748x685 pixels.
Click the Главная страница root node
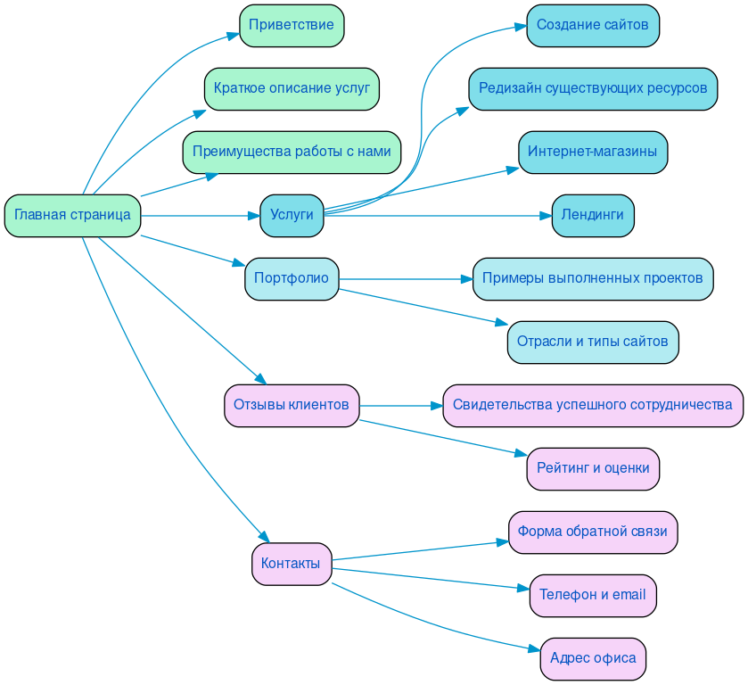(x=72, y=215)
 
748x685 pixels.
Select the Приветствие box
(x=292, y=25)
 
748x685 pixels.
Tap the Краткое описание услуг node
(x=292, y=88)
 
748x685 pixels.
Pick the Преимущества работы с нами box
(x=292, y=152)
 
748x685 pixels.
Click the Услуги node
(x=292, y=215)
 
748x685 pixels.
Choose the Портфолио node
(x=292, y=278)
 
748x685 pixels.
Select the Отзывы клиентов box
(x=292, y=405)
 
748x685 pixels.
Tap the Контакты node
(x=292, y=564)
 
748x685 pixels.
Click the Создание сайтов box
(x=592, y=25)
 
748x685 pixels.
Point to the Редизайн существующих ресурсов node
(x=592, y=88)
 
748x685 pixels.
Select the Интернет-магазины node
(x=592, y=152)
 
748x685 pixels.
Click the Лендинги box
(x=592, y=215)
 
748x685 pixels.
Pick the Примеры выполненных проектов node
(x=592, y=278)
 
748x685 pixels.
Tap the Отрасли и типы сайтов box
(x=592, y=342)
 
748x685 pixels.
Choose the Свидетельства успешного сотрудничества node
(x=592, y=405)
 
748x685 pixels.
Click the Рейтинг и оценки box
(x=592, y=468)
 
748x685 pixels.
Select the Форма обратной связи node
(x=592, y=532)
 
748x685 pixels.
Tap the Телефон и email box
(x=592, y=595)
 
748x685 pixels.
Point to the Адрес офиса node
(x=592, y=658)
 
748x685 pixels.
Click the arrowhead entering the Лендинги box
(x=545, y=215)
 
